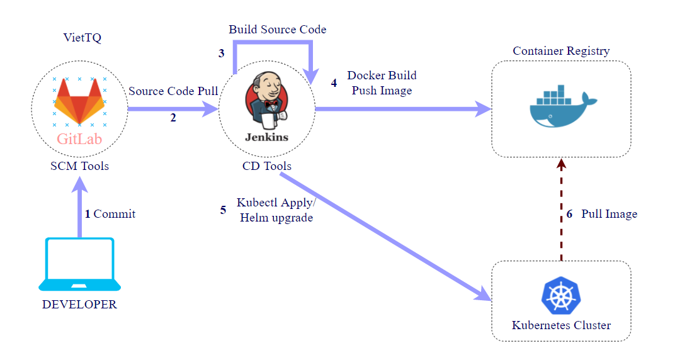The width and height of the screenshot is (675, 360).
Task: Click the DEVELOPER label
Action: click(79, 305)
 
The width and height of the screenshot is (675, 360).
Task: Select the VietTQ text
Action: click(82, 38)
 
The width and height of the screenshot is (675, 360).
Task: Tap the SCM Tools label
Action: click(79, 166)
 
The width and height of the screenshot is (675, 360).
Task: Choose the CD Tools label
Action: click(267, 166)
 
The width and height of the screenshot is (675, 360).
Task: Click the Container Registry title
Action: click(561, 51)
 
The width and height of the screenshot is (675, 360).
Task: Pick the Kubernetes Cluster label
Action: click(561, 325)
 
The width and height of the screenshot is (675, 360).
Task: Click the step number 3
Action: click(222, 53)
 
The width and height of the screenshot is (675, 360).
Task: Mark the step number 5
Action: click(223, 210)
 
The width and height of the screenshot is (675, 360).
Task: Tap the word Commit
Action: click(115, 214)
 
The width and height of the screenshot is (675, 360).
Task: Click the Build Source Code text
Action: click(278, 30)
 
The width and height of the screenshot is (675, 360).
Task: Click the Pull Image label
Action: click(609, 214)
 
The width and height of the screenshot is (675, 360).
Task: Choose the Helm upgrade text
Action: click(276, 218)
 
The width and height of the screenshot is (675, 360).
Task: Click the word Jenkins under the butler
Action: click(267, 137)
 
